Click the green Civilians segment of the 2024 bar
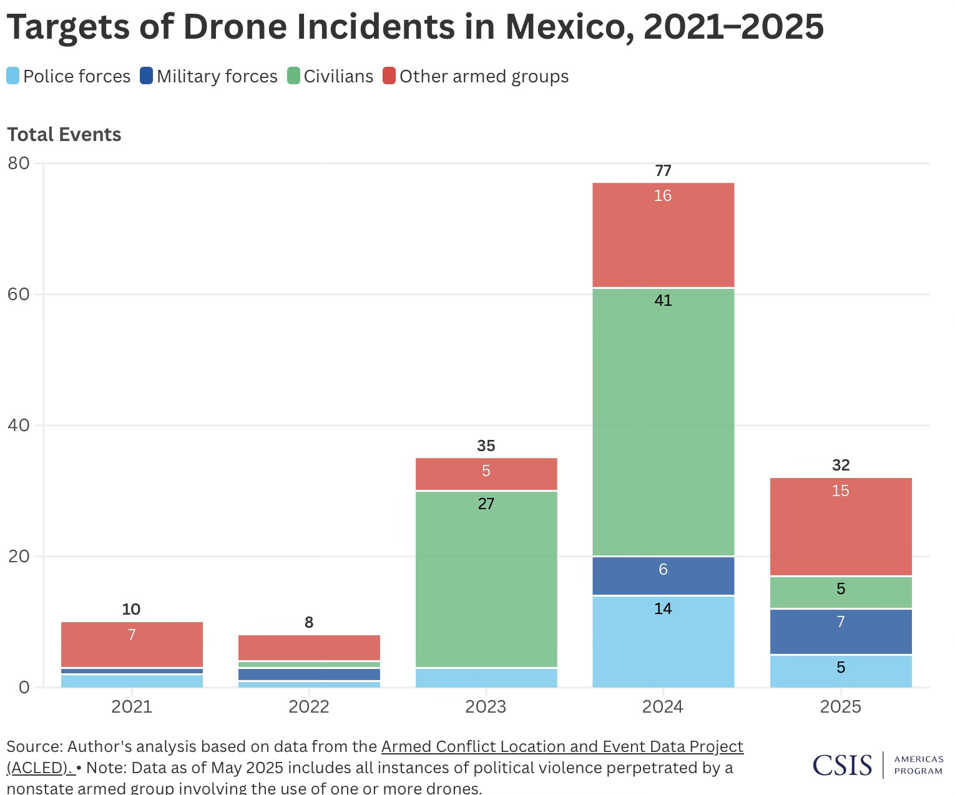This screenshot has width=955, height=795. (x=663, y=421)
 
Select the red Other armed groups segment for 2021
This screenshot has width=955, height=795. (x=132, y=644)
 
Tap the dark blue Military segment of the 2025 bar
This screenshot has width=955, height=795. (x=841, y=632)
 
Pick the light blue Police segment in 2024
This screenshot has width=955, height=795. (x=663, y=641)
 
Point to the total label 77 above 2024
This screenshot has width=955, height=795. (x=663, y=170)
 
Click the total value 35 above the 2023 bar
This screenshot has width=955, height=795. (x=486, y=446)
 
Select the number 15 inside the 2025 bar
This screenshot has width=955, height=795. (x=841, y=490)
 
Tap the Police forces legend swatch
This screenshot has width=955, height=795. (x=13, y=76)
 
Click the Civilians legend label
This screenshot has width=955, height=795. (x=338, y=76)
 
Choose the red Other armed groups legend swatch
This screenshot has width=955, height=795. (x=389, y=76)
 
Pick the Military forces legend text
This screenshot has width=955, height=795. (x=217, y=76)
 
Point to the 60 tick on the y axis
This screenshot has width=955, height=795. (x=19, y=294)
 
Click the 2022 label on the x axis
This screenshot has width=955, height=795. (x=309, y=706)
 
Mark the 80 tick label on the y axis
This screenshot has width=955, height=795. (x=19, y=163)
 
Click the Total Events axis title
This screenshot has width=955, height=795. (x=64, y=134)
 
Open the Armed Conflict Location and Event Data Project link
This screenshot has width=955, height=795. (x=562, y=746)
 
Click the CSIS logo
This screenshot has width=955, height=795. (x=842, y=765)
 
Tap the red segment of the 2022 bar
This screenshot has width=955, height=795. (x=309, y=648)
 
